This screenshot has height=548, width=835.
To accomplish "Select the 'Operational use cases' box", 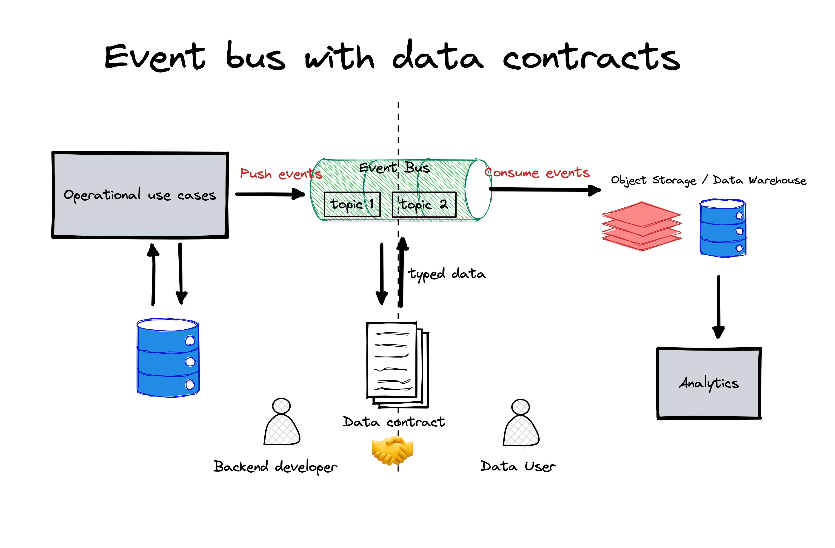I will [x=140, y=195].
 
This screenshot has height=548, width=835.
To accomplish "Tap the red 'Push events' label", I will [x=281, y=174].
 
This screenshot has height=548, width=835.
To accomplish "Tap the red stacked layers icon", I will [x=642, y=226].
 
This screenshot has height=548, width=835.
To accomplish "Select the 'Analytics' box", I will [x=709, y=383].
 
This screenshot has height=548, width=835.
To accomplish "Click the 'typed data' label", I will [x=447, y=274].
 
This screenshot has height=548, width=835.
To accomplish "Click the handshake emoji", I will [x=392, y=451].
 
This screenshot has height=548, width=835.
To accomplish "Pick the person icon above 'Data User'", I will [x=521, y=423].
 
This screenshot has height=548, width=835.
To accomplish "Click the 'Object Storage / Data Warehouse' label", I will [x=708, y=180].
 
